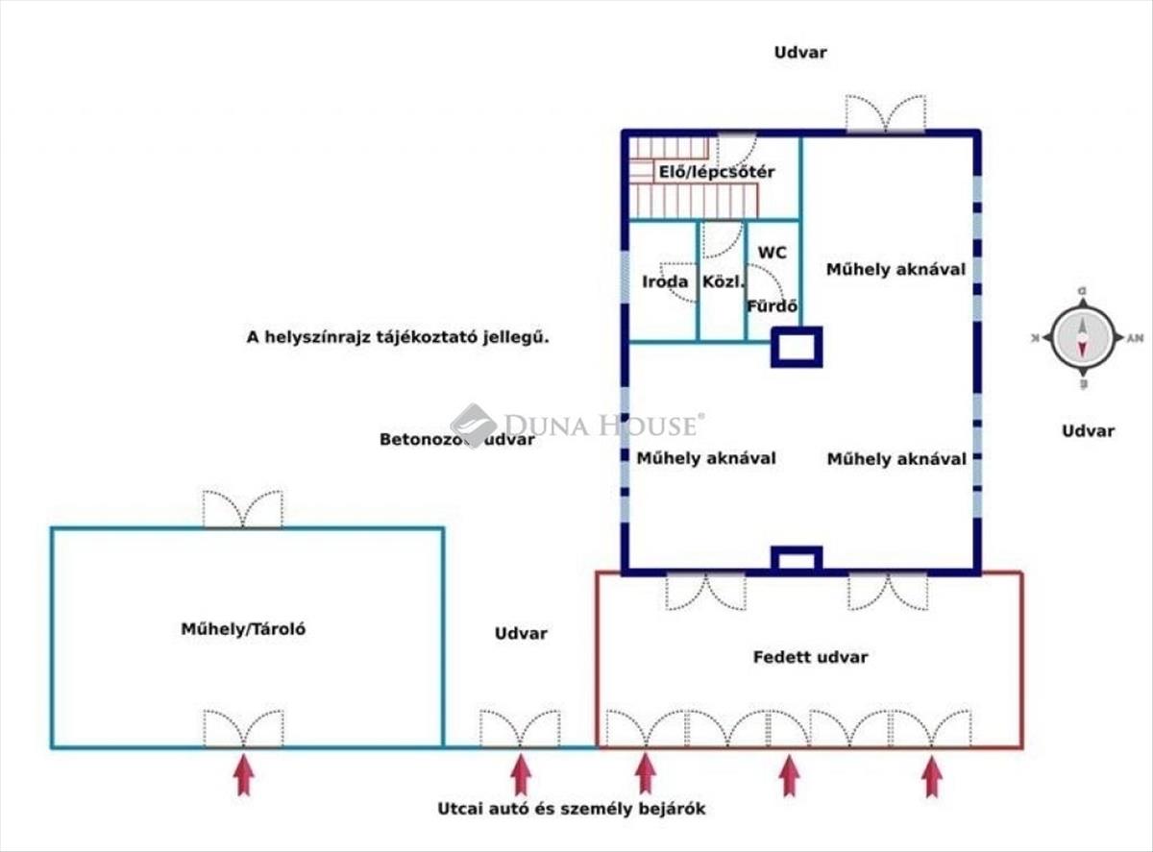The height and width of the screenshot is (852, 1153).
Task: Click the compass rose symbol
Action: (1083, 337)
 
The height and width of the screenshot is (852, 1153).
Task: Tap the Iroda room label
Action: (665, 281)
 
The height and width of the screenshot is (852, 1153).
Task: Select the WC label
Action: (773, 253)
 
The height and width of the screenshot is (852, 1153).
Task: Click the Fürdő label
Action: (773, 307)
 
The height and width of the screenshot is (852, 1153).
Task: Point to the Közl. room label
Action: (721, 281)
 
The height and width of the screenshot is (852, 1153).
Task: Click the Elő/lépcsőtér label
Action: (716, 172)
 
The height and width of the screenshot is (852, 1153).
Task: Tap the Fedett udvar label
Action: (810, 657)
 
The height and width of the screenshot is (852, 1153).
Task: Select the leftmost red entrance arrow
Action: (244, 774)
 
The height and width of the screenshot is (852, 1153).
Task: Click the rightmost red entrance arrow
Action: (931, 776)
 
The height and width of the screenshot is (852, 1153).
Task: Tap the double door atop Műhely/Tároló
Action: (243, 509)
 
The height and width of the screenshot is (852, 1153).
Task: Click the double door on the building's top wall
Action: (885, 113)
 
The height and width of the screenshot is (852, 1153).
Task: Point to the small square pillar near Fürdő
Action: (797, 347)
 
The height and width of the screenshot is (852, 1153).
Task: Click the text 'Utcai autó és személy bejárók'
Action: (571, 809)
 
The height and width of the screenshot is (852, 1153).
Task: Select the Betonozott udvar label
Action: (456, 440)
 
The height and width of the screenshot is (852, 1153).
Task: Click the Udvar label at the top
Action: (800, 53)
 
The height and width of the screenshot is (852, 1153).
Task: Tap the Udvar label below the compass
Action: (1088, 430)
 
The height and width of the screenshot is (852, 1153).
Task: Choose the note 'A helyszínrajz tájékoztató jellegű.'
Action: (397, 337)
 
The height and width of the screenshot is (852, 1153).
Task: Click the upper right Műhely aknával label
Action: (895, 270)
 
